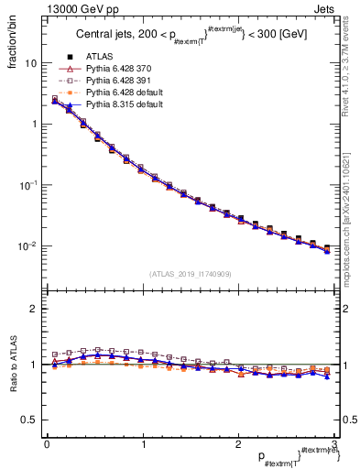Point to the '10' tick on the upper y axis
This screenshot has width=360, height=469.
click(x=30, y=64)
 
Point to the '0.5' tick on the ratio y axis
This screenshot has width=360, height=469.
click(x=29, y=420)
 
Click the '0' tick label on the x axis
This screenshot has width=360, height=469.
click(x=46, y=443)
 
